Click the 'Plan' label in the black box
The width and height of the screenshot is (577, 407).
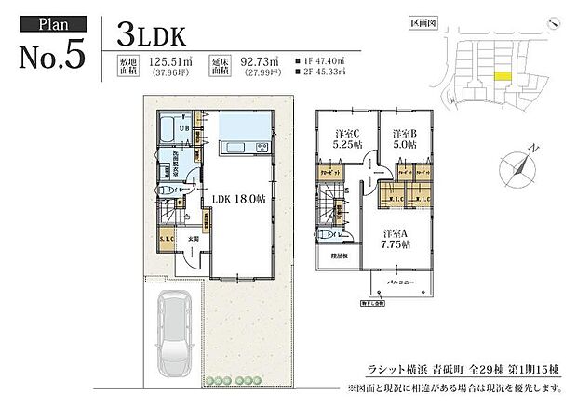pos(52,22)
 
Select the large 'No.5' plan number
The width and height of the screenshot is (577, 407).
pos(52,54)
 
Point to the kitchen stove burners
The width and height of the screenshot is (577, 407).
pos(262,148)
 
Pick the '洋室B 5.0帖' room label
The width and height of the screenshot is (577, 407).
pos(401,139)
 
